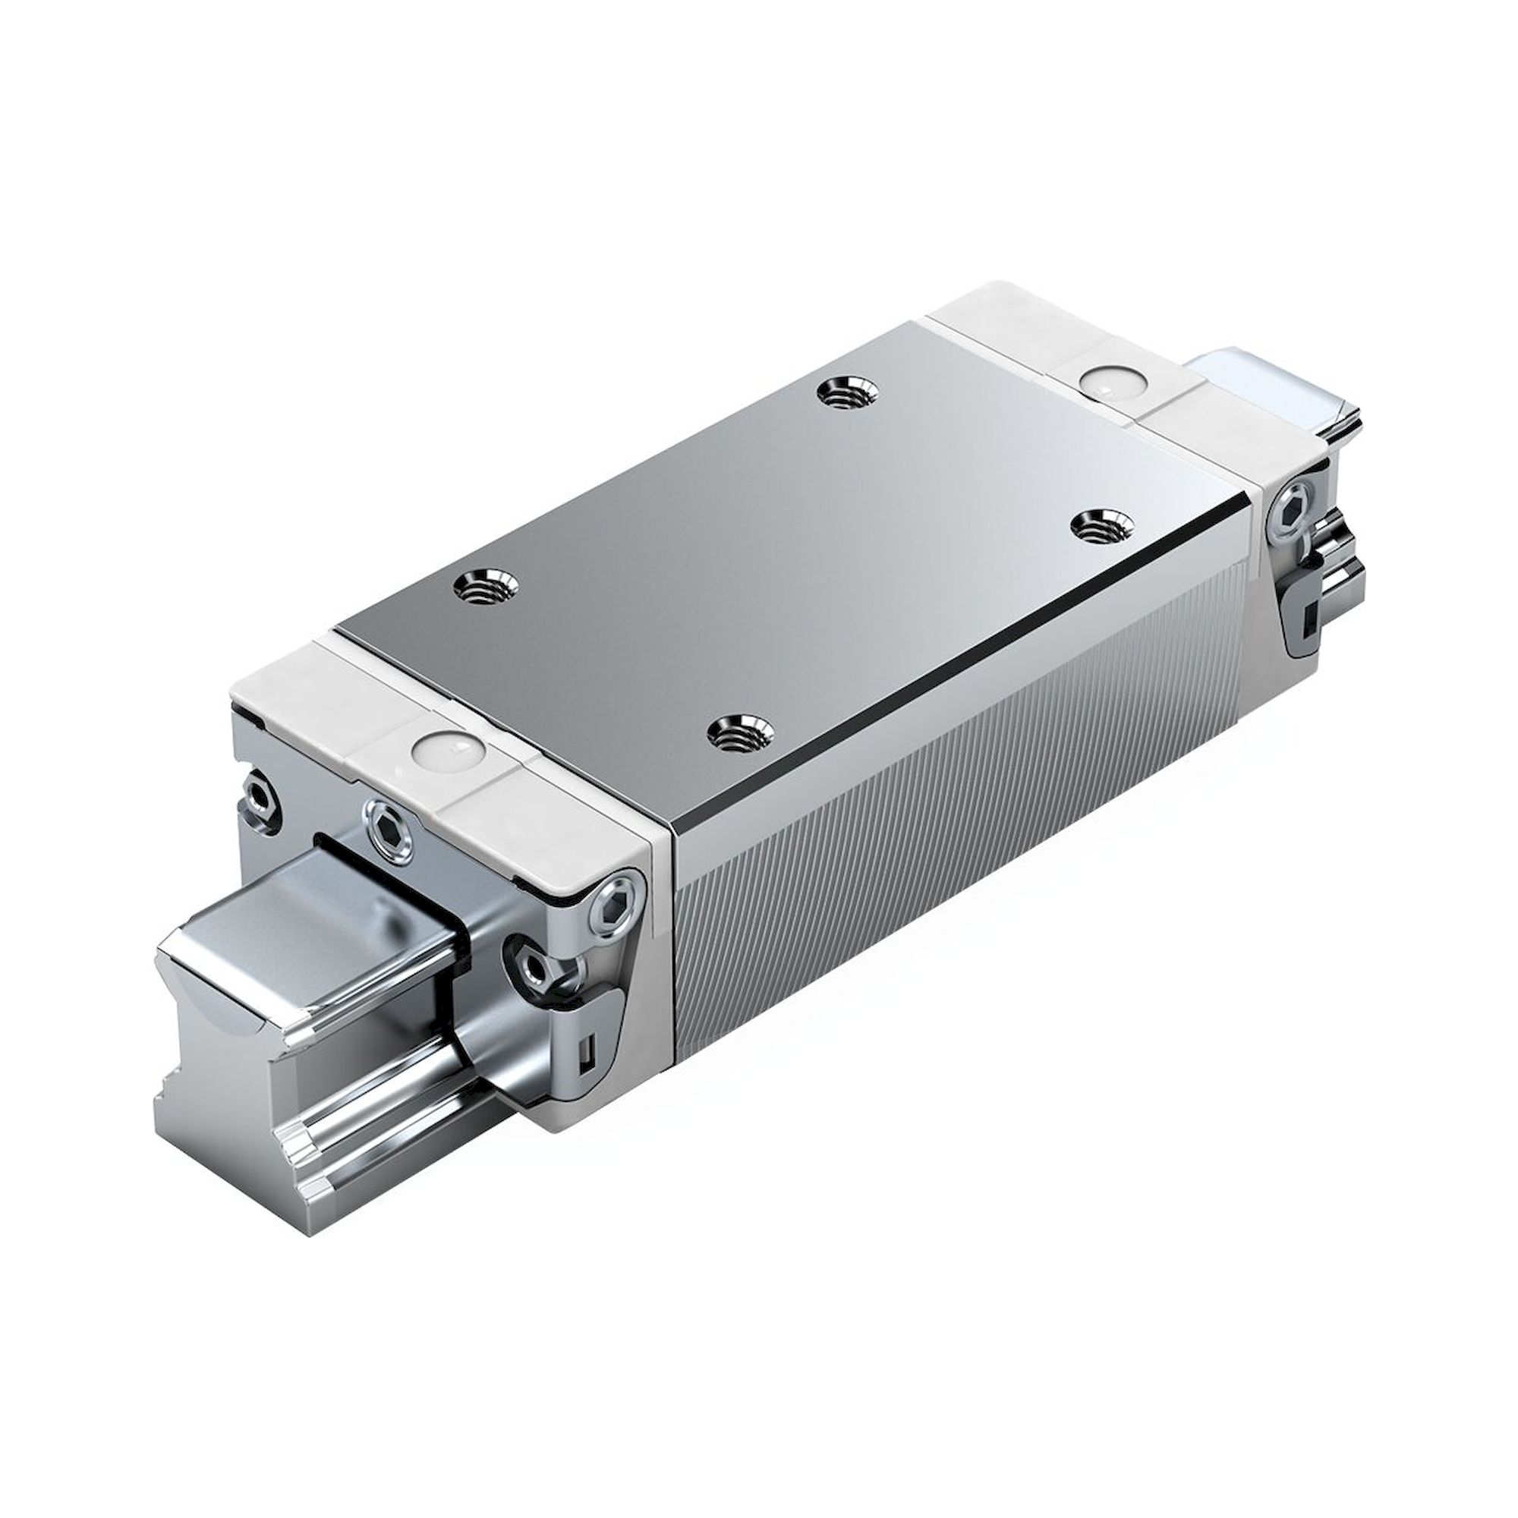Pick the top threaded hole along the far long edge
845,392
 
